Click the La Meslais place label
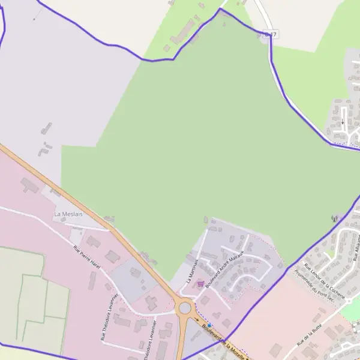pos(68,214)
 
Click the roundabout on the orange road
pos(185,309)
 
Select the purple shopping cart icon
pos(200,284)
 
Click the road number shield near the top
pos(270,35)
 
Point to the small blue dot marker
pos(209,325)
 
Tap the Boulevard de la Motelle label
pos(224,338)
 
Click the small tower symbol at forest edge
pos(334,219)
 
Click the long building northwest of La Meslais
pos(29,185)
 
